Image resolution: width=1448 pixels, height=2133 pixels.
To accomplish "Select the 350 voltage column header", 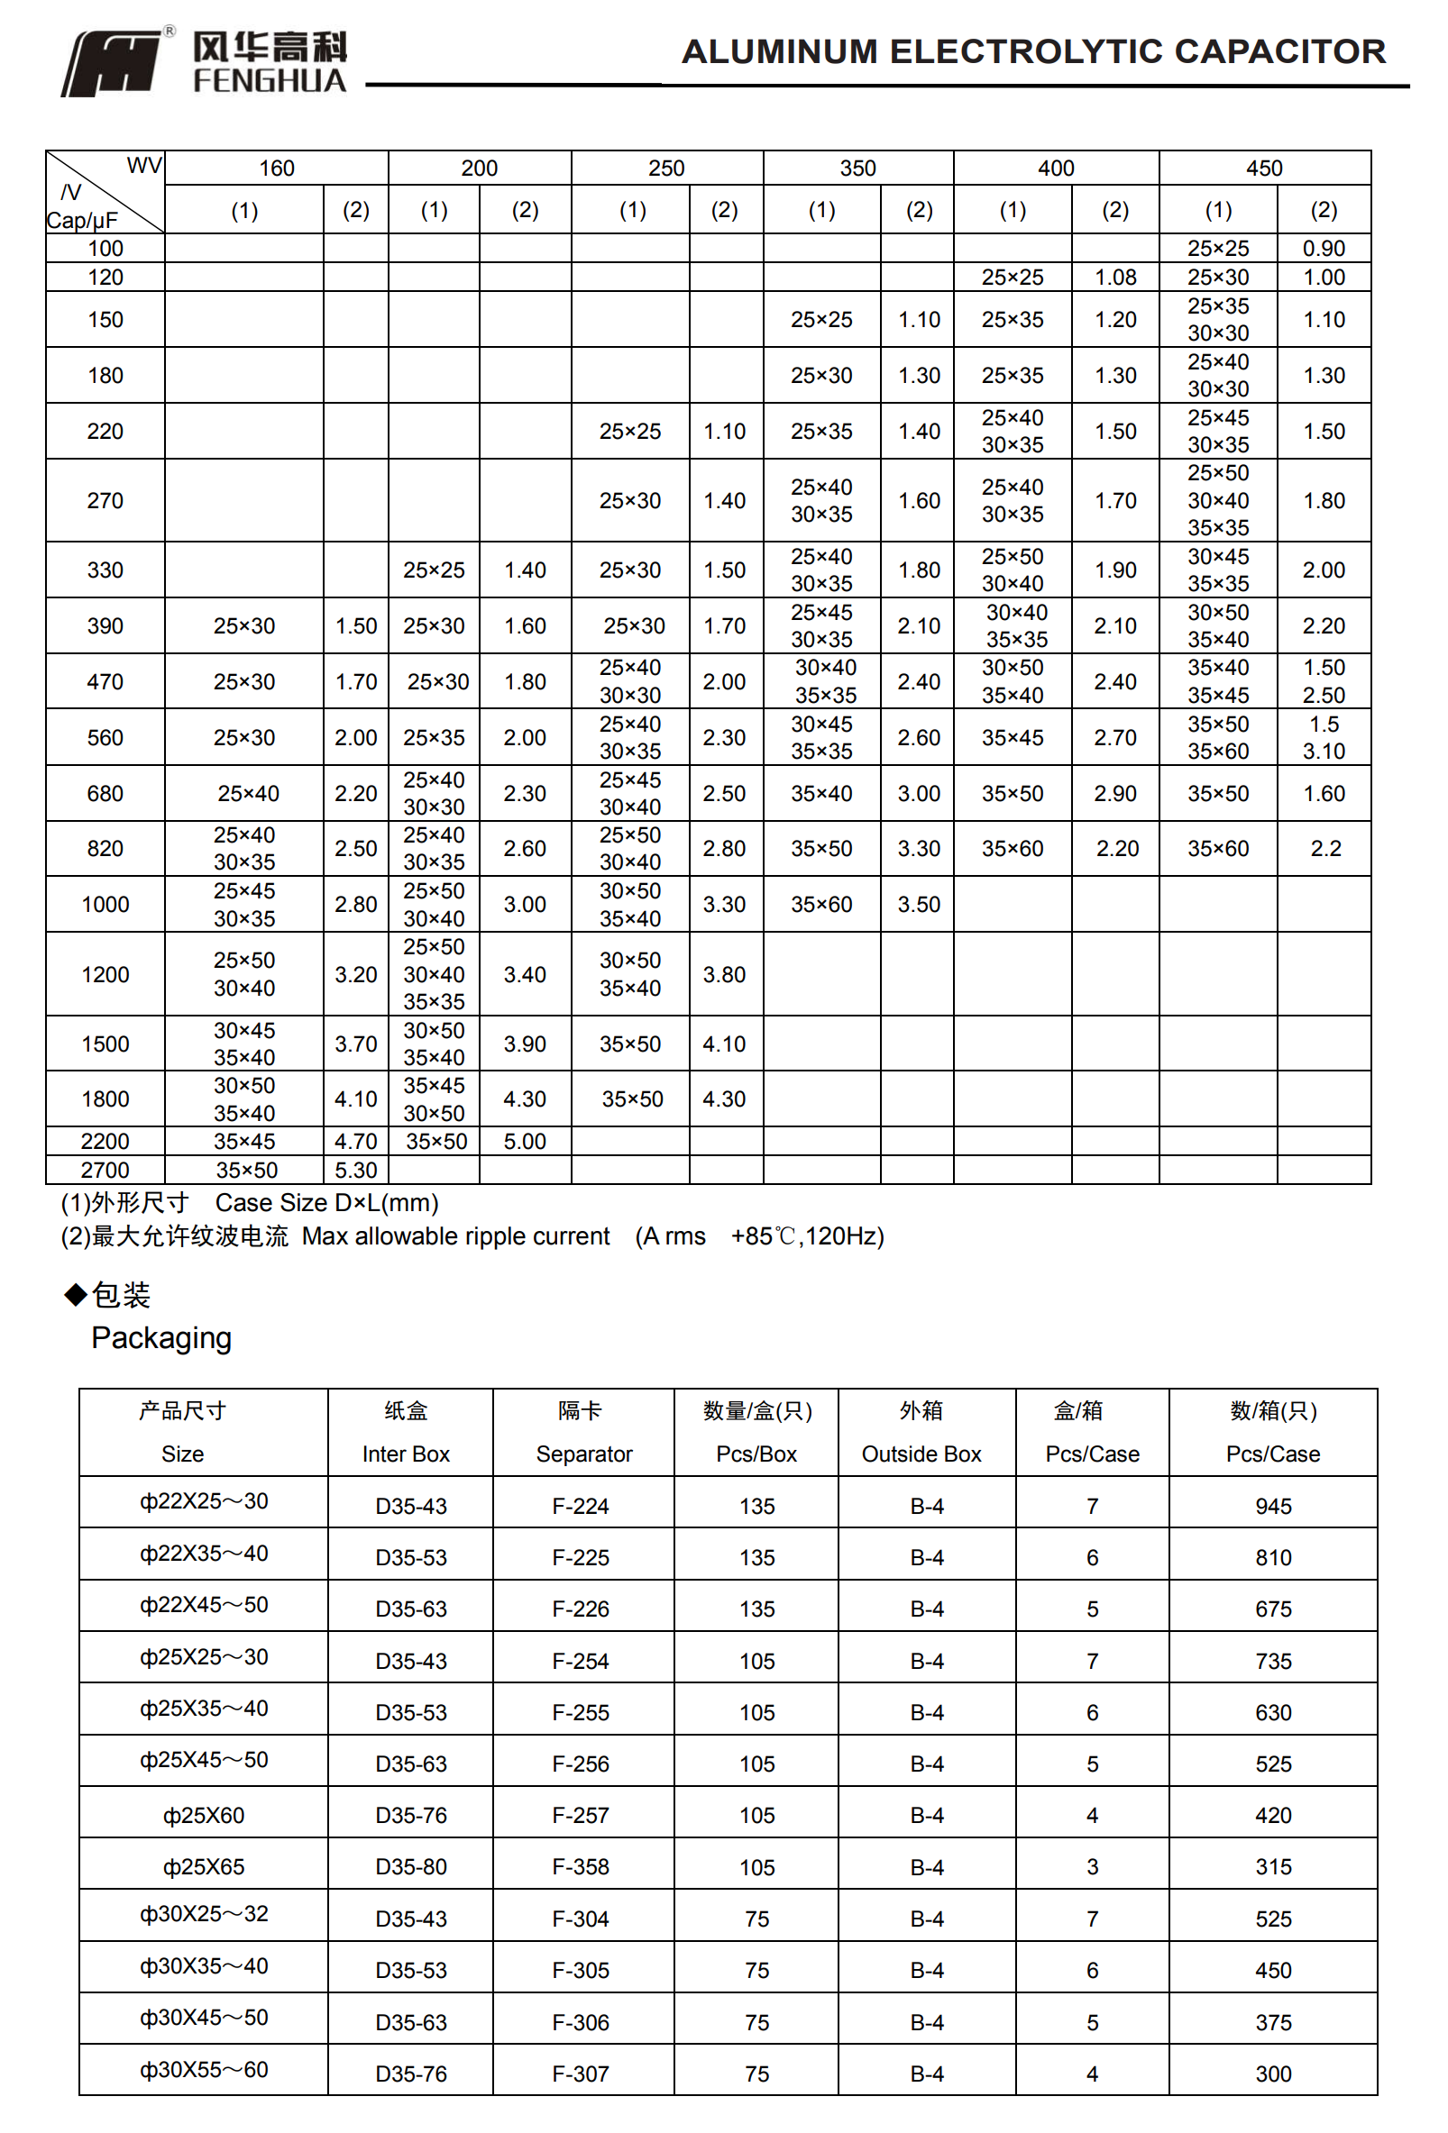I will click(857, 168).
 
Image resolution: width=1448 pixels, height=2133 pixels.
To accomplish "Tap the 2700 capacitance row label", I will click(105, 1171).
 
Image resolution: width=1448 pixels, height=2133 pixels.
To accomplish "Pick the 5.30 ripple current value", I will click(355, 1171).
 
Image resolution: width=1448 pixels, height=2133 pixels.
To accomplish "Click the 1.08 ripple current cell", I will click(1114, 278).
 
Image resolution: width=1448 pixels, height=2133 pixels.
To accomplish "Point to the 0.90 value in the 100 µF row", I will click(1323, 249).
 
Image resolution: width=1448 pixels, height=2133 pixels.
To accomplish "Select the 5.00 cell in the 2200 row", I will click(525, 1142).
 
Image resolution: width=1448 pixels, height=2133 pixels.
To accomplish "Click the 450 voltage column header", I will click(1263, 168).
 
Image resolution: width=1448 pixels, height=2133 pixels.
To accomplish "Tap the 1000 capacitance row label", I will click(105, 905).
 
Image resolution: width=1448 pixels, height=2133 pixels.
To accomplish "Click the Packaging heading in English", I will click(161, 1338).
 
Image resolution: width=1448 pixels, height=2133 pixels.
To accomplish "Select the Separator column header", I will click(584, 1454).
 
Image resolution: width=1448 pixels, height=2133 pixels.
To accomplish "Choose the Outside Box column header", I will click(921, 1454).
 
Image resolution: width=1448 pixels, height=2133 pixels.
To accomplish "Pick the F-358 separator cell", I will click(581, 1867).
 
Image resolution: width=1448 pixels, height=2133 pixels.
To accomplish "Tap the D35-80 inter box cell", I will click(410, 1867).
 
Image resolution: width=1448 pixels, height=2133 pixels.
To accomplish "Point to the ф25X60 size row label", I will click(204, 1816).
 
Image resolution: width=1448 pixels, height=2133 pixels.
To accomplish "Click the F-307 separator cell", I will click(581, 2074).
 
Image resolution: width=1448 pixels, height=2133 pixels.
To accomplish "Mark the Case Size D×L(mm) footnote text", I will click(327, 1203).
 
